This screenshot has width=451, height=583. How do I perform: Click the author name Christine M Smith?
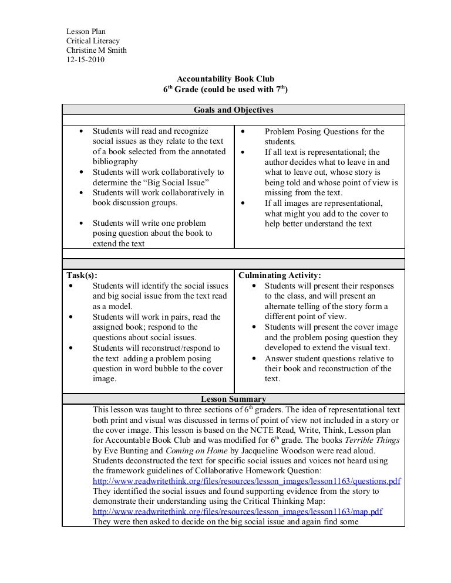96,50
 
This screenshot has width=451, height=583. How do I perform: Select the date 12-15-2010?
84,60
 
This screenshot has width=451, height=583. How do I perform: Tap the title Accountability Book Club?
225,79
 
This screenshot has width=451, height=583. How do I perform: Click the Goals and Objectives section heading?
233,110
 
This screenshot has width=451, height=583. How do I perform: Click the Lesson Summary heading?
233,399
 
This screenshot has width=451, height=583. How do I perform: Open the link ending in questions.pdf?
247,480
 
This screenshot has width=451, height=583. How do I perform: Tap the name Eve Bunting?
120,450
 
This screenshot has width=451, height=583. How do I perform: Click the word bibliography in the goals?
115,161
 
